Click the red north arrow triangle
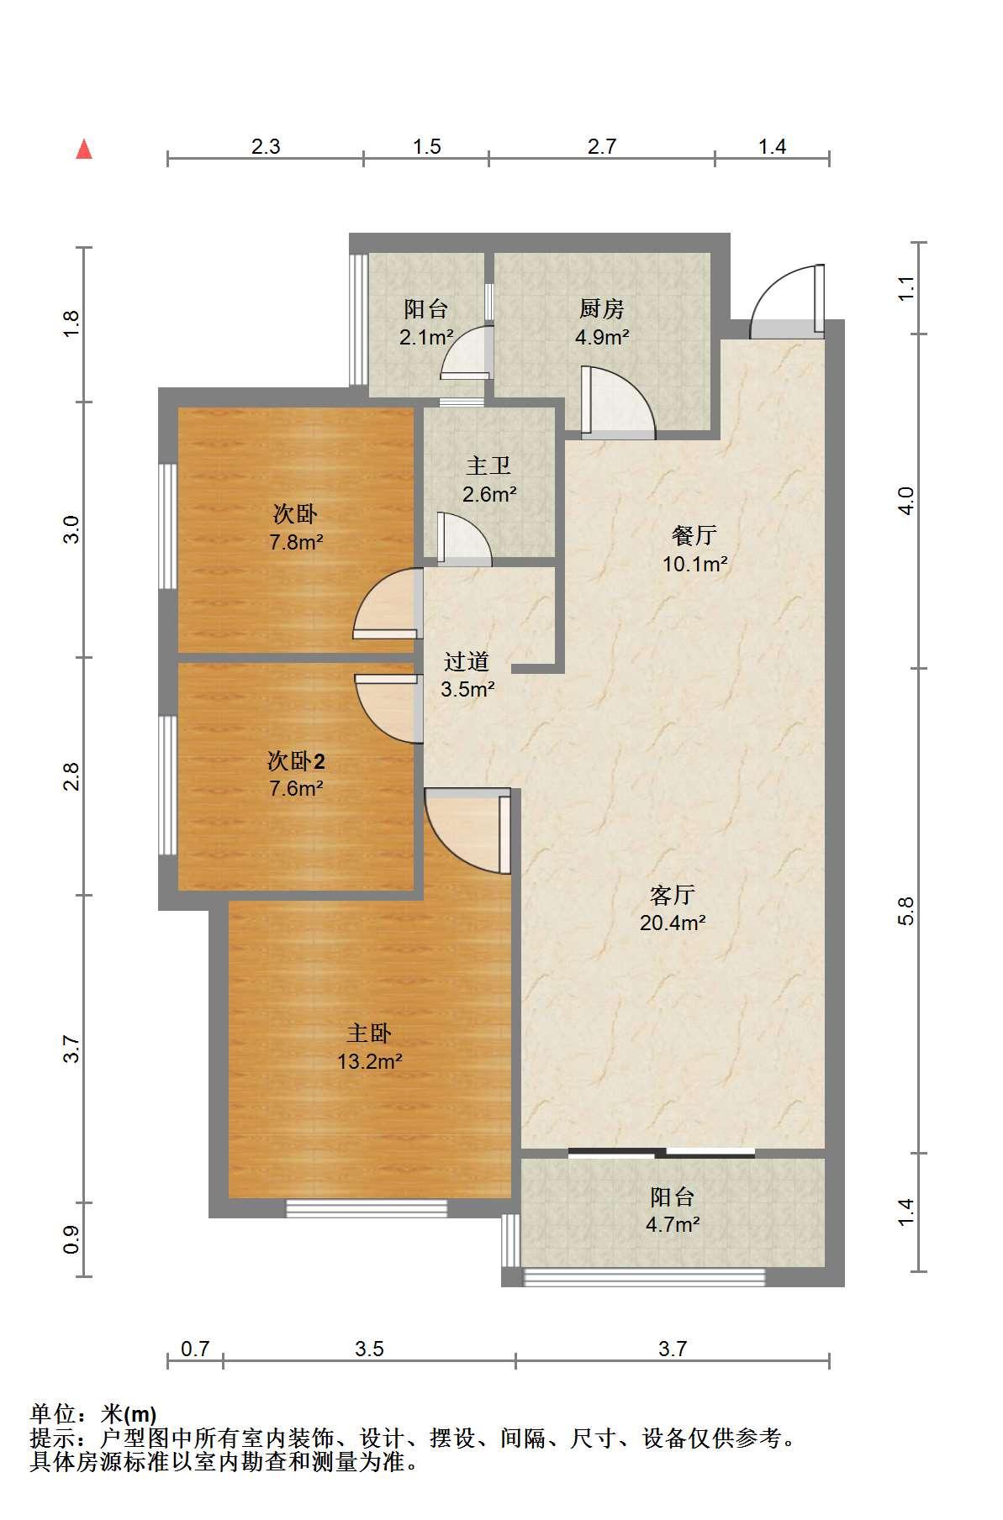point(84,150)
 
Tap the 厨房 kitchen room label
point(602,309)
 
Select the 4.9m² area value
point(602,338)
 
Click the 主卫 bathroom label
point(488,465)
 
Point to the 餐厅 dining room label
point(694,535)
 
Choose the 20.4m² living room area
point(673,923)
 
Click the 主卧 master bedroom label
point(370,1033)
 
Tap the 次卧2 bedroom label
point(296,761)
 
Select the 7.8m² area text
point(296,542)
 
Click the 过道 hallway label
point(467,661)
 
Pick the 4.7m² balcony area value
point(673,1224)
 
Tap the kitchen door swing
point(618,403)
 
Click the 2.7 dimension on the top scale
point(602,146)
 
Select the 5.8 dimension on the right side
point(905,912)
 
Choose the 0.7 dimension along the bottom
point(195,1349)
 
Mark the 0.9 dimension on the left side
point(71,1239)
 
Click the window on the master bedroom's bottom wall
point(367,1208)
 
